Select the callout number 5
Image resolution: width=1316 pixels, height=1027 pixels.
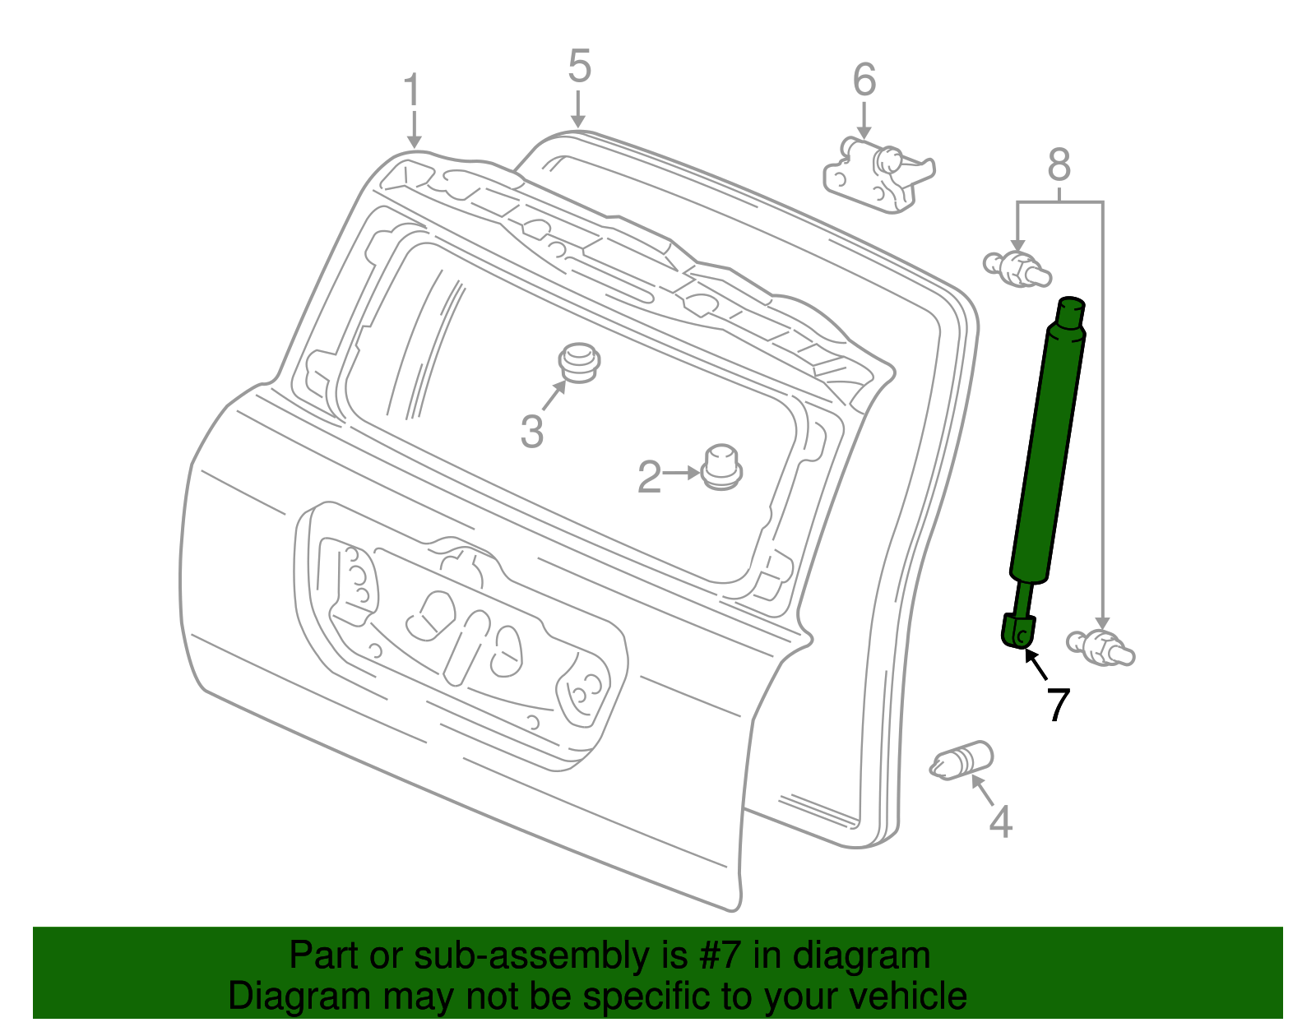pos(580,67)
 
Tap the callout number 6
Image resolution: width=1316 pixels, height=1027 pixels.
pos(864,80)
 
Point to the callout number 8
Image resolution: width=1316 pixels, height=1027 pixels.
pos(1059,165)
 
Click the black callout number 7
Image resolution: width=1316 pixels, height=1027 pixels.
pos(1058,705)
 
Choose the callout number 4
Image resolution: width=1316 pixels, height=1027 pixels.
pos(1000,821)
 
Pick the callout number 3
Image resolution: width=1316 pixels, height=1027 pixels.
pos(532,431)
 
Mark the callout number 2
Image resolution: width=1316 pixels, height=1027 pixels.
pos(649,478)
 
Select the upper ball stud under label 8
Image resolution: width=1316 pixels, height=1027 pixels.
pos(1017,269)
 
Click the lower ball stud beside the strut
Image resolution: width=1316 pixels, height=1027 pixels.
pos(1100,647)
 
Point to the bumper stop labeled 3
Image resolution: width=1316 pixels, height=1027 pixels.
pos(579,363)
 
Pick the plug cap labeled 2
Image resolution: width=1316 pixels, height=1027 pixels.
pos(721,467)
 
